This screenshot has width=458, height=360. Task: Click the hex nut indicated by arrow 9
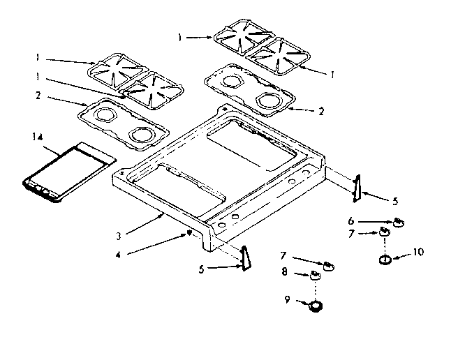point(317,305)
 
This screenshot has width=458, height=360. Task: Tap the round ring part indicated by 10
point(385,260)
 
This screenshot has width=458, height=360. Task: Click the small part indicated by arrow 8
point(316,276)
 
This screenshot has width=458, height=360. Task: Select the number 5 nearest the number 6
point(395,202)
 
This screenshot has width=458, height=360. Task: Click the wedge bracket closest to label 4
point(244,257)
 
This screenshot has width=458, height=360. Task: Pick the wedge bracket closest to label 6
point(356,187)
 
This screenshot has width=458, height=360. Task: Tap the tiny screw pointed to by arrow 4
point(189,234)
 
